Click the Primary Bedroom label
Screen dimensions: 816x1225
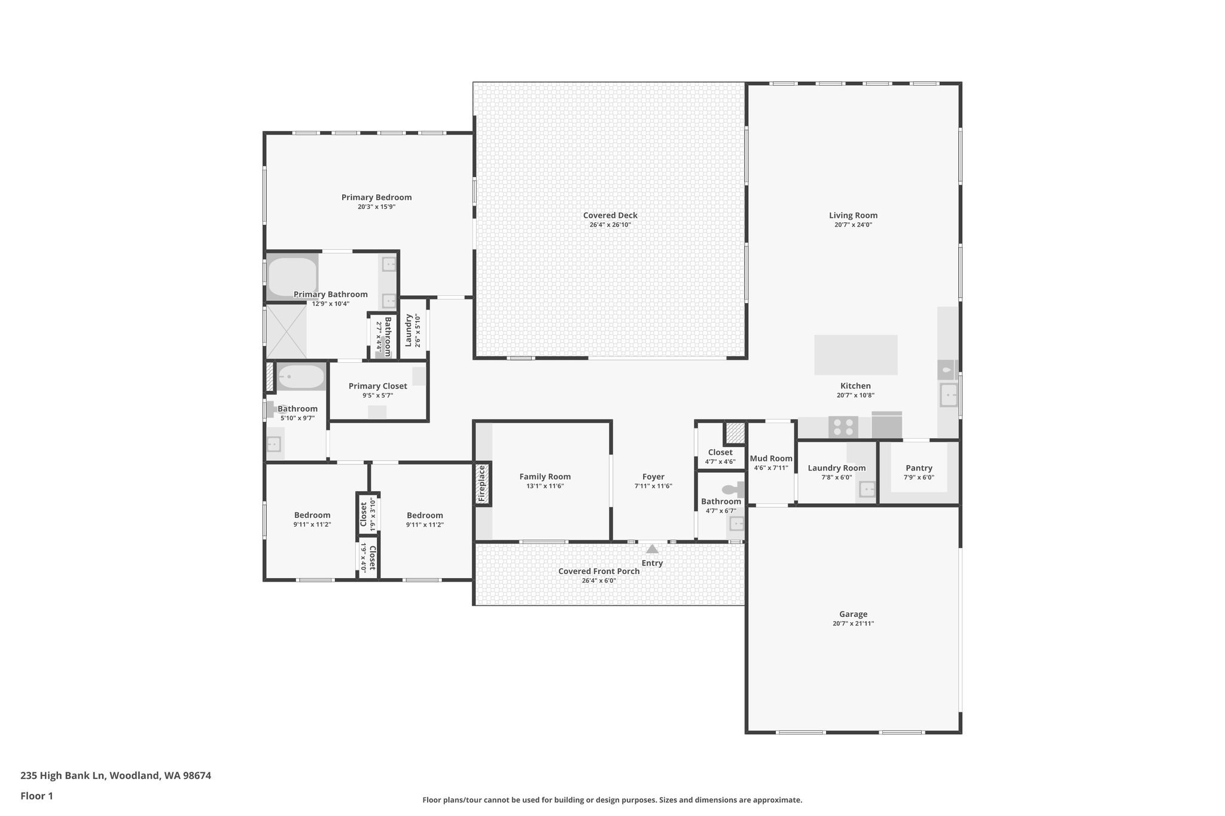[376, 197]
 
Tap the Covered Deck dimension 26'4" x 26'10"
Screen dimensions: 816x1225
[610, 225]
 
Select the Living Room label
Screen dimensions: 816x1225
[853, 215]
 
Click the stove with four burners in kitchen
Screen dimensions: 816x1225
[843, 427]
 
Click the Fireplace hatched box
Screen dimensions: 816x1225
[483, 484]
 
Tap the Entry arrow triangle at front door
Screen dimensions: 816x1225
[652, 549]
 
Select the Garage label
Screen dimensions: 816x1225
[853, 614]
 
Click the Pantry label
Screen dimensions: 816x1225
[919, 468]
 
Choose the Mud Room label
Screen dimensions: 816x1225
[771, 459]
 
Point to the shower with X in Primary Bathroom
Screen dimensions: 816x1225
[286, 331]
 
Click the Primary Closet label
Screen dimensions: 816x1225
[377, 386]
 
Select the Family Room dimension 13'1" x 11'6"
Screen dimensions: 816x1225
[545, 486]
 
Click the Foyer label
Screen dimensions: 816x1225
[653, 476]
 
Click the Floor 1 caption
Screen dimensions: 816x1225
[36, 796]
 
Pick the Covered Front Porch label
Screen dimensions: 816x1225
[599, 571]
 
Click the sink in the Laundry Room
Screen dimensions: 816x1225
[867, 490]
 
